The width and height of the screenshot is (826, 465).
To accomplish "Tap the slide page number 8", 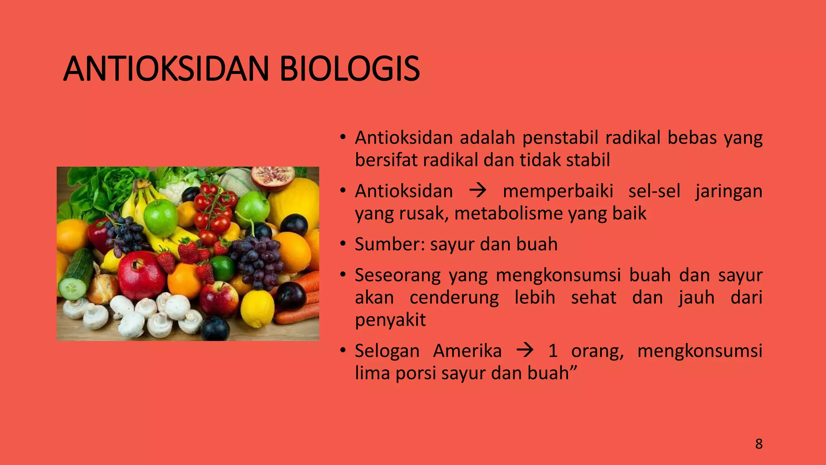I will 759,444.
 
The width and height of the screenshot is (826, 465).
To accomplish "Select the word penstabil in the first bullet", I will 560,138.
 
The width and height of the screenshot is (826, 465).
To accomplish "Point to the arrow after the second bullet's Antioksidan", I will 478,191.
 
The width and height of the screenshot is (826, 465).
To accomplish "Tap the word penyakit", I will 390,320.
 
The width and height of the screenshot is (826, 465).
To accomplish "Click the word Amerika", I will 467,350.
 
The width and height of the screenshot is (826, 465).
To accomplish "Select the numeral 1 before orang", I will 553,350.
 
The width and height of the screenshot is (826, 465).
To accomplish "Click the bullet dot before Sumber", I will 343,244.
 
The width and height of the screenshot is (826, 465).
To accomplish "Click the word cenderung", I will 454,298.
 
